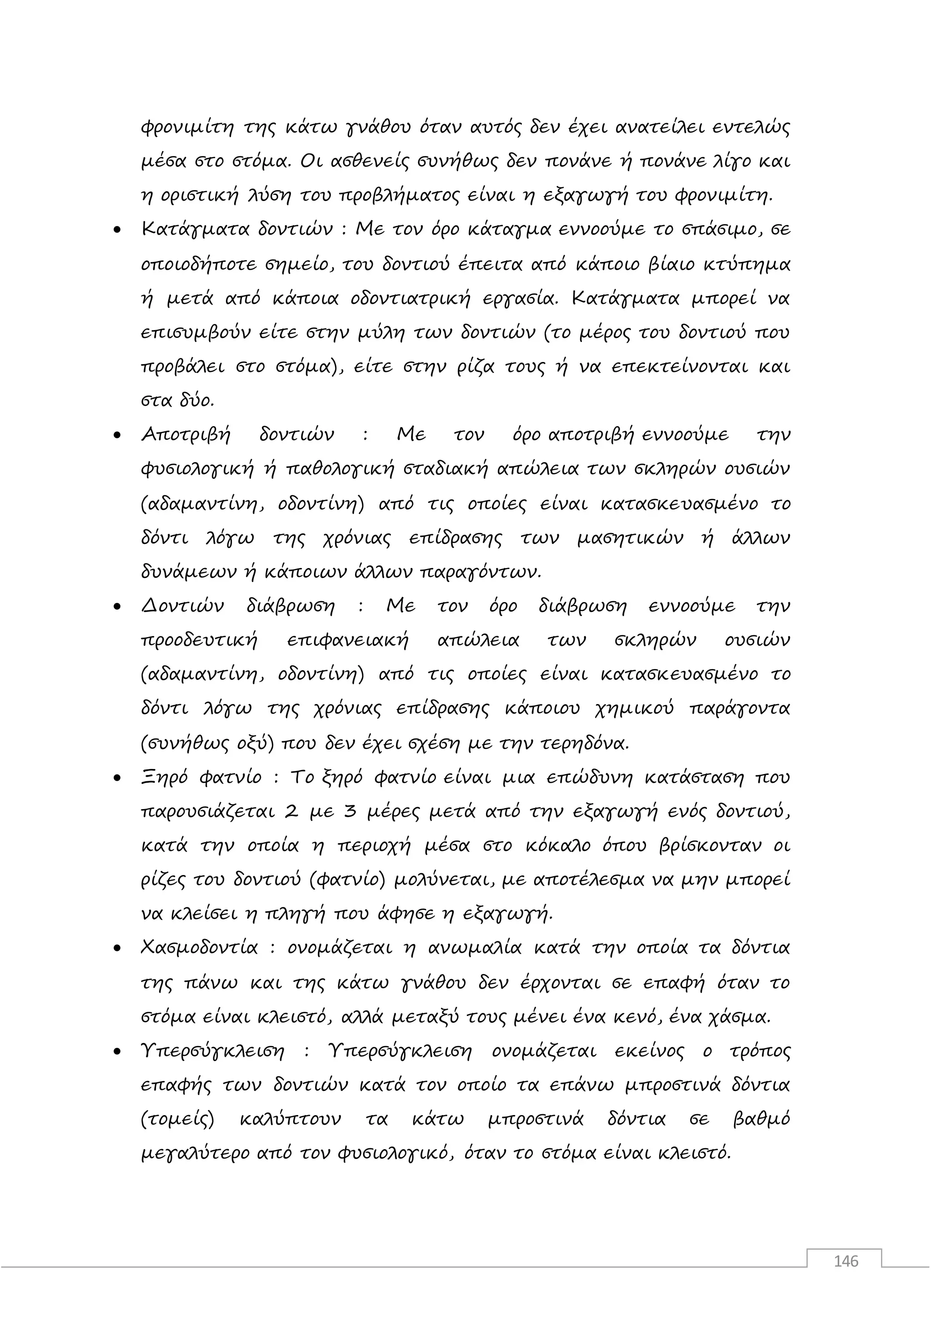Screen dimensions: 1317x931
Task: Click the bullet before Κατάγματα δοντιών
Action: click(118, 231)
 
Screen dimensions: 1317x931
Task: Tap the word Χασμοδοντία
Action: click(200, 948)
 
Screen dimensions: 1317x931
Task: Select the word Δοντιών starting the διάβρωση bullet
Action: click(182, 606)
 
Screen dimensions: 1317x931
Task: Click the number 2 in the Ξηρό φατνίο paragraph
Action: click(291, 813)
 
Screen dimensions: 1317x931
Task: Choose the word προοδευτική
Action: click(199, 641)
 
